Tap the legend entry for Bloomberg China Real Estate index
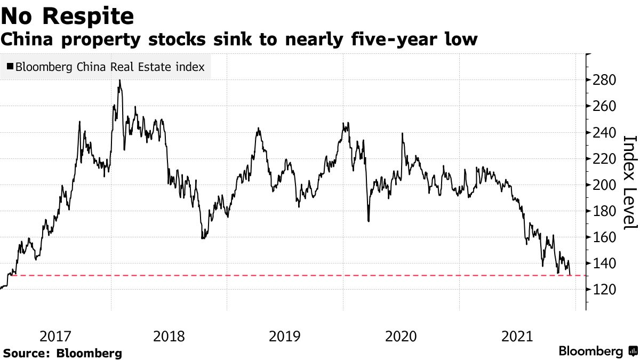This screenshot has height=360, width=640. click(110, 67)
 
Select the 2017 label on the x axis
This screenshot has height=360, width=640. click(55, 337)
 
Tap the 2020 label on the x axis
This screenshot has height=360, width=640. click(401, 337)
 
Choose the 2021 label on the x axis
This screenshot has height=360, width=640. click(517, 337)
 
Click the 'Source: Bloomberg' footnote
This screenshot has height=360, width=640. click(63, 353)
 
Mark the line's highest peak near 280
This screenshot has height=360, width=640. click(119, 81)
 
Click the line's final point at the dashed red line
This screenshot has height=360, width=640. click(571, 275)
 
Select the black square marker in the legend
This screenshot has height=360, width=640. click(10, 67)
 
